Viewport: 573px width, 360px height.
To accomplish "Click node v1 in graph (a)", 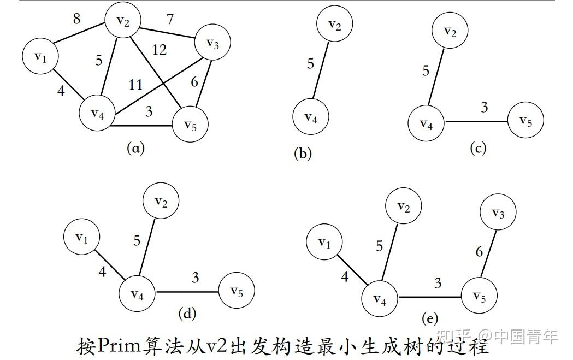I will (40, 56).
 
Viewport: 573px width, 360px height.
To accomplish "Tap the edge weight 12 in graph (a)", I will (160, 50).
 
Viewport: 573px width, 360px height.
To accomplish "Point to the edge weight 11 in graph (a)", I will (135, 85).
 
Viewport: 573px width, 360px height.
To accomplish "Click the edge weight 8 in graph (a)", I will (77, 19).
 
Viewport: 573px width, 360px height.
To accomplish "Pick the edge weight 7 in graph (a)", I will (170, 20).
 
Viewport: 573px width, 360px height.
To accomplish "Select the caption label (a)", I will (135, 147).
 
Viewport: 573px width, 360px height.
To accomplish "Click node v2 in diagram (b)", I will (335, 25).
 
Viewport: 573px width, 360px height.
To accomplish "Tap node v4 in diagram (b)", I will (311, 116).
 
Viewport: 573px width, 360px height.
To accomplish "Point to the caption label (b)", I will (303, 154).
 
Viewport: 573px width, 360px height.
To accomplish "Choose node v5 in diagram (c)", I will (525, 121).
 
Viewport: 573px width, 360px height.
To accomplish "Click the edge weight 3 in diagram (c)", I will (484, 108).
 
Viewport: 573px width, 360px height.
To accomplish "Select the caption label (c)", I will (478, 148).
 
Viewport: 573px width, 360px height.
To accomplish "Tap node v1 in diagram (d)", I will (81, 238).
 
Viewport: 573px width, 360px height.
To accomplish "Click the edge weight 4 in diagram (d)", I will (102, 271).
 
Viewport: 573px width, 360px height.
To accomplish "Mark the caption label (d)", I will (187, 313).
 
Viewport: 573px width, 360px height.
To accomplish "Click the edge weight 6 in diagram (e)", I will (479, 252).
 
